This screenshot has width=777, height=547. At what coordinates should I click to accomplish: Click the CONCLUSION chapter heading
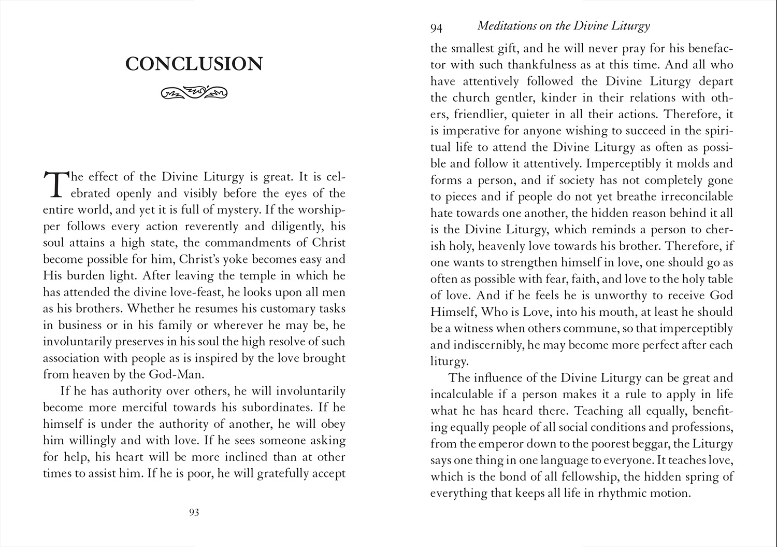pos(194,64)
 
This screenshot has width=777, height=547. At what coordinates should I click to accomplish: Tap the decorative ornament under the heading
pos(194,93)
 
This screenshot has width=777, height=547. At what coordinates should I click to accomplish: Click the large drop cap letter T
pos(54,184)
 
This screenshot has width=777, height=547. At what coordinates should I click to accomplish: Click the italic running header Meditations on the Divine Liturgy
pos(563,25)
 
